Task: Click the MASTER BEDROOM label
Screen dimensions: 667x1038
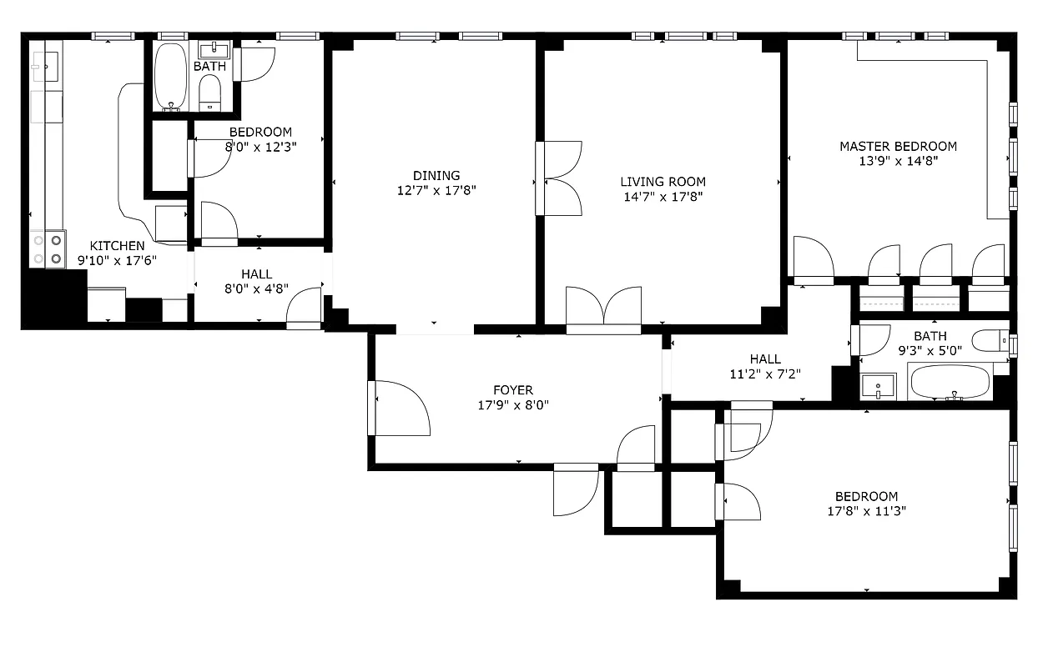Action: (898, 147)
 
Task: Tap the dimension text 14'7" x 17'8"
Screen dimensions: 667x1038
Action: (663, 198)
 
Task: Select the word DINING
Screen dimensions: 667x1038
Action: (436, 175)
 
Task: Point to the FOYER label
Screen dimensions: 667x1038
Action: (512, 390)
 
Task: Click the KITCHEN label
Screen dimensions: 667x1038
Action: (117, 246)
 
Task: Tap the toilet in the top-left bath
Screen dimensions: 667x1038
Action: (210, 93)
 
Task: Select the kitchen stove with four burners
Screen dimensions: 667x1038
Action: (48, 249)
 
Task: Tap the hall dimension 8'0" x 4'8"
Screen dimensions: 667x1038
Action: (256, 290)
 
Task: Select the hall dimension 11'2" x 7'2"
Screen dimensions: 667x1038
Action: (765, 374)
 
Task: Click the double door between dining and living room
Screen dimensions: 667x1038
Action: (559, 178)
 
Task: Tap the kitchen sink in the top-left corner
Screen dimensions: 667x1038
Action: (45, 63)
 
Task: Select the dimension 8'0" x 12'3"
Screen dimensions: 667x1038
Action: (260, 147)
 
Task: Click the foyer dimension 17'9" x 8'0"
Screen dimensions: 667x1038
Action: (512, 405)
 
